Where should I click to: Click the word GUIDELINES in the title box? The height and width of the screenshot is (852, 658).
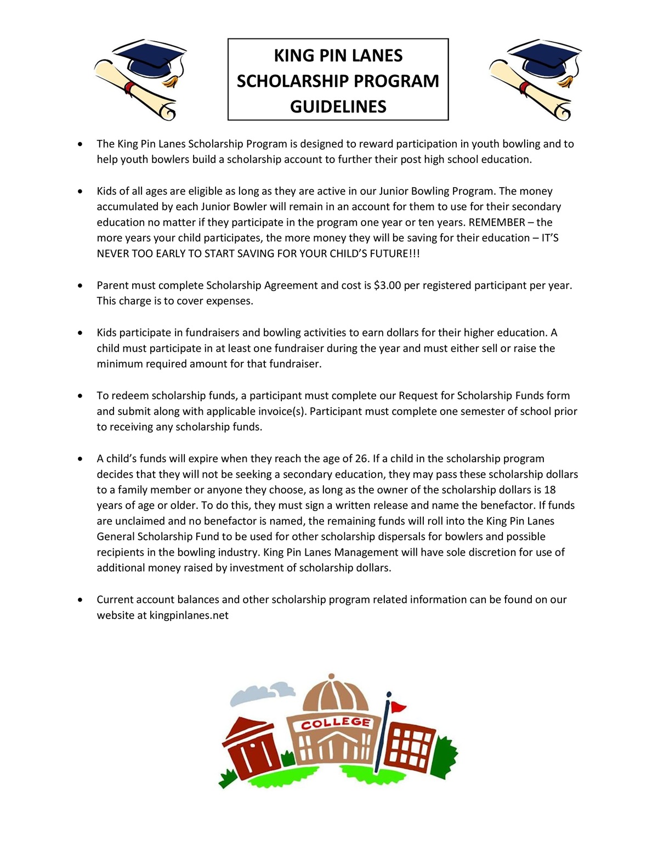click(x=338, y=106)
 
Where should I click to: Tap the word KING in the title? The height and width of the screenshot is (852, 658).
click(x=294, y=55)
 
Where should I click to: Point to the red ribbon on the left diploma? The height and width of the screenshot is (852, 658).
click(x=129, y=88)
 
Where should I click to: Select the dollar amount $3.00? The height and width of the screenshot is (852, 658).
click(x=387, y=285)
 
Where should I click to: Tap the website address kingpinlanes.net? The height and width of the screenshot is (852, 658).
click(x=189, y=615)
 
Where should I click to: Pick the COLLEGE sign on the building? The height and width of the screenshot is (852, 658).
click(x=336, y=722)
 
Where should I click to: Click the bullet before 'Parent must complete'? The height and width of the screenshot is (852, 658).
click(x=81, y=285)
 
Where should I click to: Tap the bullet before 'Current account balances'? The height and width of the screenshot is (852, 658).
click(x=81, y=599)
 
